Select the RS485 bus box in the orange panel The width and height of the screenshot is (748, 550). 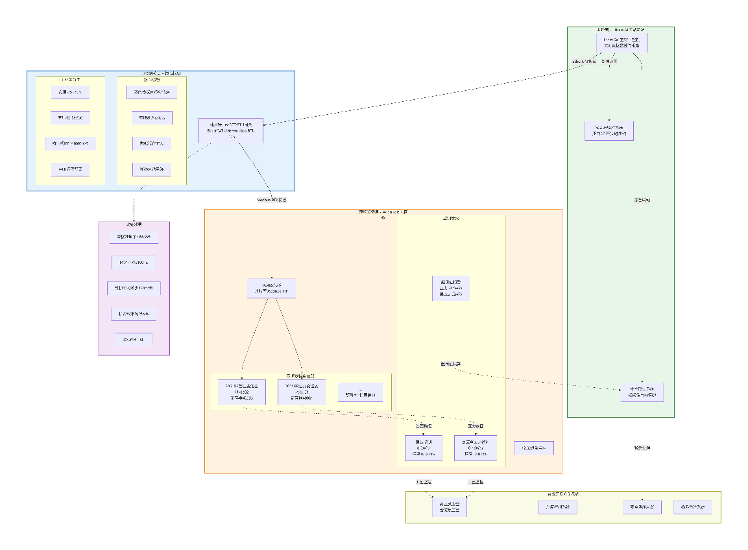pos(271,288)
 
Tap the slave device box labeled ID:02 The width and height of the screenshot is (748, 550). pos(242,392)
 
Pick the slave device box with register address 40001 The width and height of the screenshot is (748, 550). pos(301,392)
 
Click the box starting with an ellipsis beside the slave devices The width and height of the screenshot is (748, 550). pos(360,392)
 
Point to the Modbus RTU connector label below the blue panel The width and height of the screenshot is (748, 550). pos(271,200)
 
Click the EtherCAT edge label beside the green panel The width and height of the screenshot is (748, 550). pos(584,61)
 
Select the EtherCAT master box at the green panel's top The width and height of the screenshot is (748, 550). pos(621,43)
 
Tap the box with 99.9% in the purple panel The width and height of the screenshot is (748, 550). pos(134,237)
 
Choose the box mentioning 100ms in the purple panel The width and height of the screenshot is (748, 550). pos(134,263)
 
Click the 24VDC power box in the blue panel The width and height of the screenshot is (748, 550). pos(70,92)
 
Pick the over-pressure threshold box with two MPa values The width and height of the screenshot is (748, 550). pos(450,288)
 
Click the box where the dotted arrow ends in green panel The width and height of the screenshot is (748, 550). pos(642,392)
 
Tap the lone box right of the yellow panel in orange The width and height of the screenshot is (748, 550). pos(533,448)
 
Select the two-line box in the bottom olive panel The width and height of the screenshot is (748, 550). pos(450,507)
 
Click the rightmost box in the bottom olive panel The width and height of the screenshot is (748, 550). pos(692,507)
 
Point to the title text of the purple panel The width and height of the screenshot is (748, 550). pos(134,224)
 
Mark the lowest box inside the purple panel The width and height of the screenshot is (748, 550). pos(134,339)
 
